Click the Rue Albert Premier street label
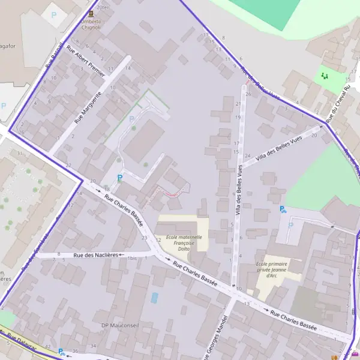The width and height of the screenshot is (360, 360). (x=86, y=61)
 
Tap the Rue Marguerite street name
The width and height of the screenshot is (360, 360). (x=88, y=107)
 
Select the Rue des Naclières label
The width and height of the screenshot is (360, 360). (x=97, y=256)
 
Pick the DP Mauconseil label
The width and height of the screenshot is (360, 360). (x=121, y=326)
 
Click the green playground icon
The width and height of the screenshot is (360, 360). (x=325, y=76)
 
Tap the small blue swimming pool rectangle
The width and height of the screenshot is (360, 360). (x=155, y=298)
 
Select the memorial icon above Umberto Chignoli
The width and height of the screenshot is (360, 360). (x=91, y=13)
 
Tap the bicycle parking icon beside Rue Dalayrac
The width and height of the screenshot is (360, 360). (x=62, y=352)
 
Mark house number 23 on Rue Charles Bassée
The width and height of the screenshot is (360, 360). (x=144, y=238)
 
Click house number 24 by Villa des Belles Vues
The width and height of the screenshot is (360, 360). (x=247, y=155)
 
